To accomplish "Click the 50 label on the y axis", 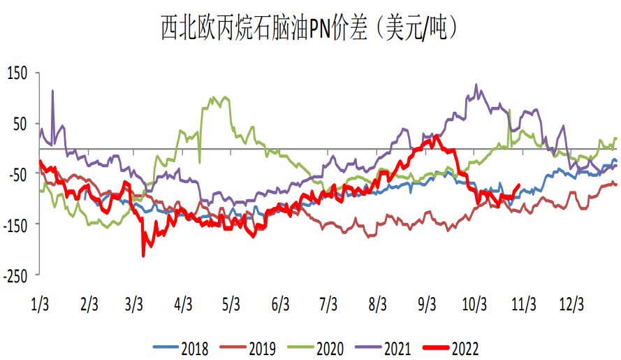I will tap(22, 124).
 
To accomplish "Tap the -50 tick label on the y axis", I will tap(18, 174).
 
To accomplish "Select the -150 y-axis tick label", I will tap(16, 224).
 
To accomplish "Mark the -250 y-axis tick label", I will tap(16, 275).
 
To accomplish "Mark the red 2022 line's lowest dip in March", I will tap(143, 256).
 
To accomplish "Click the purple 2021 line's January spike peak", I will tap(52, 90).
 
